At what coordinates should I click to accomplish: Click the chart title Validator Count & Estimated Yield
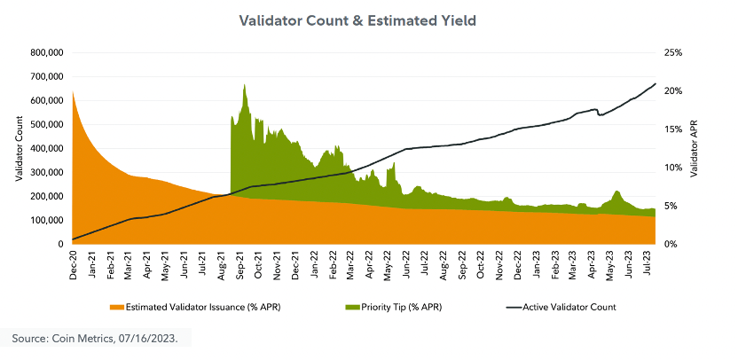pyautogui.click(x=368, y=20)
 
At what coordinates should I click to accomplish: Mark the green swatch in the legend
pyautogui.click(x=352, y=308)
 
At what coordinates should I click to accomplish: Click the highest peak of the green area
pyautogui.click(x=244, y=85)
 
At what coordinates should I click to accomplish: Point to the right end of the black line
pyautogui.click(x=656, y=83)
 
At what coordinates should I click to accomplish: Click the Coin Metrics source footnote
pyautogui.click(x=100, y=339)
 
